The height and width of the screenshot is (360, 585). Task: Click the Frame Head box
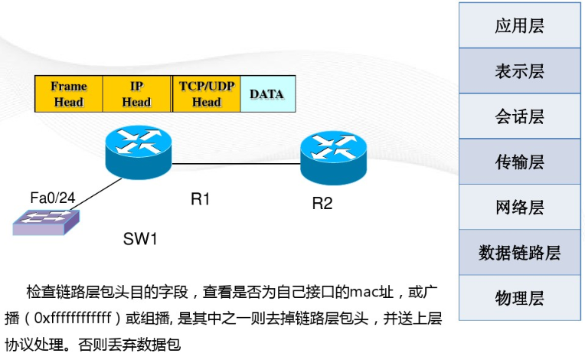click(x=69, y=93)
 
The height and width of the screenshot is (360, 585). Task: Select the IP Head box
click(x=136, y=93)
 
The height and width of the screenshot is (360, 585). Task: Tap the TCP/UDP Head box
click(x=206, y=93)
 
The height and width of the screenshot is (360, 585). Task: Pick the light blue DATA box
click(x=268, y=93)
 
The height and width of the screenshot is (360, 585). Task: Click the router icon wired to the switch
click(x=139, y=152)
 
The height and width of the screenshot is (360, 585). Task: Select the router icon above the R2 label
click(x=334, y=158)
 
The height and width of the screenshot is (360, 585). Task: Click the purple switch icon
click(x=46, y=222)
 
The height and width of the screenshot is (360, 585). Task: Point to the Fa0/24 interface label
click(x=53, y=198)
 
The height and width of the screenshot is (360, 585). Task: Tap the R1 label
click(x=201, y=199)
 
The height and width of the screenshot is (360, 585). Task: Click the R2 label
click(x=322, y=203)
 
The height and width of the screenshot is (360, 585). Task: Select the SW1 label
click(x=140, y=239)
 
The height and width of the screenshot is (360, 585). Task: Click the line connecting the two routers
click(x=236, y=164)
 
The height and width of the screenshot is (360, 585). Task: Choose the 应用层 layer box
click(x=520, y=25)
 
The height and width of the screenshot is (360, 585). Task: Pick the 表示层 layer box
click(x=520, y=71)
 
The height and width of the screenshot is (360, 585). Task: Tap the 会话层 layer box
click(x=520, y=116)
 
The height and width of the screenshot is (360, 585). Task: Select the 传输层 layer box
click(x=520, y=162)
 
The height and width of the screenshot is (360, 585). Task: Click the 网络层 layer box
click(x=520, y=207)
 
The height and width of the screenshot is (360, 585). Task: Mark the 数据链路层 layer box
click(x=520, y=253)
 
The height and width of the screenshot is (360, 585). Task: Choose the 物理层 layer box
click(x=520, y=298)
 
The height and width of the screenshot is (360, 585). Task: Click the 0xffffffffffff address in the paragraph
click(x=73, y=318)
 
